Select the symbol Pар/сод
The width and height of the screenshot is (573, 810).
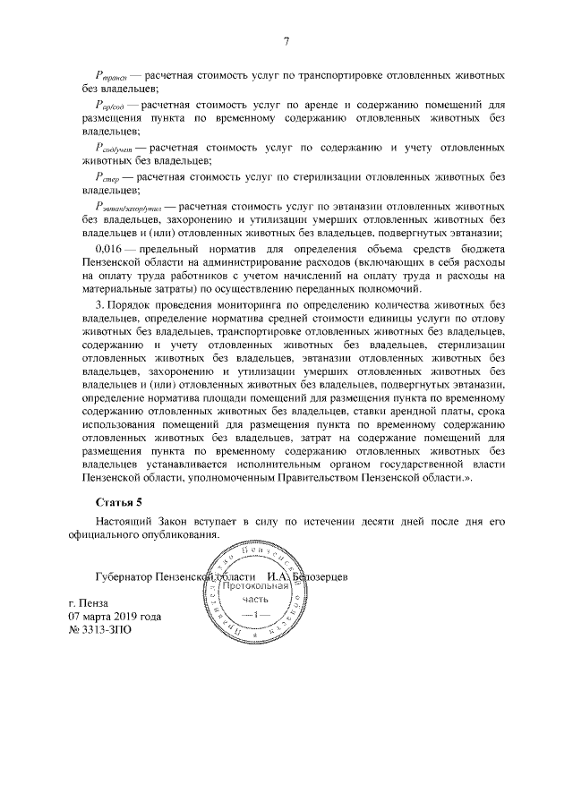pyautogui.click(x=110, y=106)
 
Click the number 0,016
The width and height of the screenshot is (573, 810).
pyautogui.click(x=107, y=246)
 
